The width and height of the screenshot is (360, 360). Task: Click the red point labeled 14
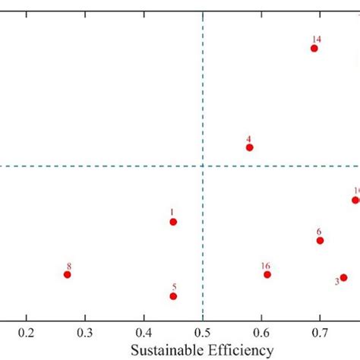pos(314,49)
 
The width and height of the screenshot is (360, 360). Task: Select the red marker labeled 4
pos(249,147)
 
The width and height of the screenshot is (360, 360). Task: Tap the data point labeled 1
pos(173,222)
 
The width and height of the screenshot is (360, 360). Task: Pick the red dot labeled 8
pos(67,274)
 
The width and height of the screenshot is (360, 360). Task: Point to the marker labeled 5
pos(173,296)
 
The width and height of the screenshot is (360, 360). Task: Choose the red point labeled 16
pos(267,274)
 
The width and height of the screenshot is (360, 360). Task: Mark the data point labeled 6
pos(320,241)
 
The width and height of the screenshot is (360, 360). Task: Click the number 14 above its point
pos(316,39)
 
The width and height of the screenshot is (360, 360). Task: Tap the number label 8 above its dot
pos(68,266)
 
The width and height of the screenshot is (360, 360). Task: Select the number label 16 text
pos(265,266)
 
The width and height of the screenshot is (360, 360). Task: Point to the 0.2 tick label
pos(27,333)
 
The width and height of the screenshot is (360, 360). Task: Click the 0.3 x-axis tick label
pos(85,333)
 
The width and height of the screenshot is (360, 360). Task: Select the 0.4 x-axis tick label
pos(144,333)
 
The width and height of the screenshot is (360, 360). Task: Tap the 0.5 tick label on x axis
pos(203,333)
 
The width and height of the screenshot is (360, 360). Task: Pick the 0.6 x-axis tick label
pos(261,333)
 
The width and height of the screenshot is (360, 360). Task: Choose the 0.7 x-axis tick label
pos(320,333)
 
